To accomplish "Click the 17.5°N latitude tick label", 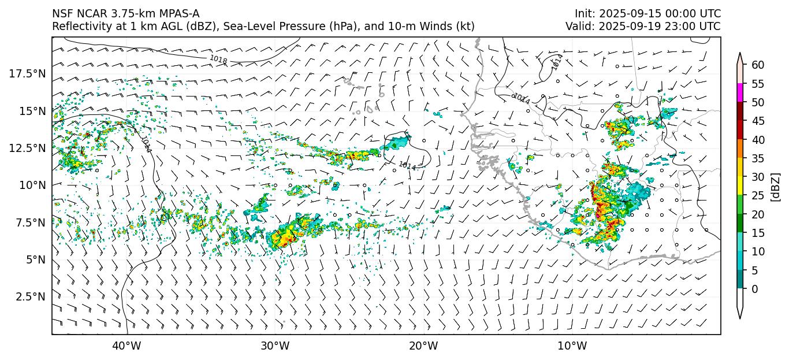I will [x=28, y=73].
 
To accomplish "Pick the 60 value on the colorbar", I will [x=758, y=65].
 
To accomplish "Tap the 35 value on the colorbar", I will [x=758, y=158].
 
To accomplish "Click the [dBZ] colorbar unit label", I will [x=776, y=186].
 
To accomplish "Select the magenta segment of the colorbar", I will [x=740, y=92].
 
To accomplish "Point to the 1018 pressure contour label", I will [x=218, y=58].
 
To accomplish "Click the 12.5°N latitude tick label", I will [x=28, y=148].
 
